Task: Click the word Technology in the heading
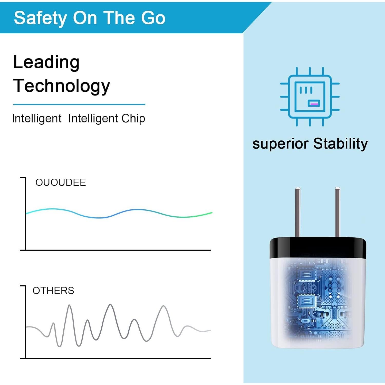coord(62,86)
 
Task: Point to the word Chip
coord(133,119)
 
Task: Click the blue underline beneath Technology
coord(79,104)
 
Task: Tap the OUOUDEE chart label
coord(61,182)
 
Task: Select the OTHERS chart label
coord(53,291)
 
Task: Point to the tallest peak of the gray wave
coord(110,305)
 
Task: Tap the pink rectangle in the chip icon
coord(314,104)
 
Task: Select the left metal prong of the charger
coord(298,212)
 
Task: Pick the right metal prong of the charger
coord(338,212)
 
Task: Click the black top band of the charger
coord(318,248)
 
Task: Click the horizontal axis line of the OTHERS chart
coord(115,358)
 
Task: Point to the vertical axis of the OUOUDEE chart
coord(25,214)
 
